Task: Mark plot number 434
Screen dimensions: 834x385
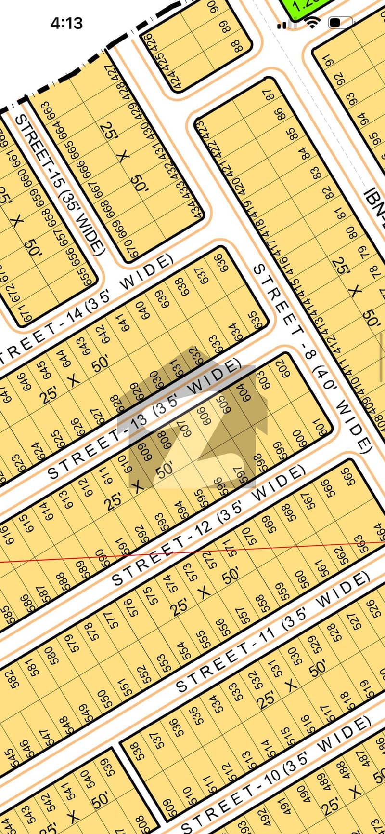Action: [195, 212]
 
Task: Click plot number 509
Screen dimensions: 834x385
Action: [169, 804]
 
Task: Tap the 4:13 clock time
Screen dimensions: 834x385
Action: [66, 23]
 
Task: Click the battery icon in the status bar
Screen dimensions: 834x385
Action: [340, 22]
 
